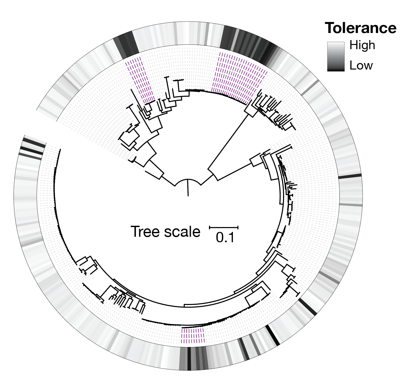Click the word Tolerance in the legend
click(x=361, y=28)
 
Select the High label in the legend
click(x=362, y=45)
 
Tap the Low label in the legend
click(x=361, y=66)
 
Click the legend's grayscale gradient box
click(x=336, y=57)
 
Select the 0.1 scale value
click(x=225, y=238)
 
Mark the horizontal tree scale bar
click(x=224, y=228)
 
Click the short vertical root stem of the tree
click(x=188, y=188)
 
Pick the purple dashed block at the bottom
click(x=192, y=336)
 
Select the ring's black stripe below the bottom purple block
click(x=189, y=358)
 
